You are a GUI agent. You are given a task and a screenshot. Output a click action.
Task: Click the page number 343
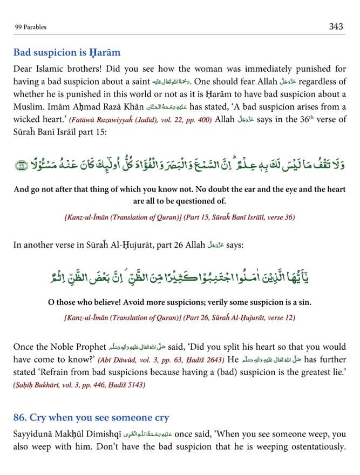(x=336, y=26)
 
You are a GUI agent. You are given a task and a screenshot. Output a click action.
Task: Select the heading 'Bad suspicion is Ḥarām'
(x=67, y=53)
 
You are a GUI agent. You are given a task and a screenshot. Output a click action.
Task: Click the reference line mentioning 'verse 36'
(x=180, y=216)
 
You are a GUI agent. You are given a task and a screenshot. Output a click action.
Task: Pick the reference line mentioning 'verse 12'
(x=180, y=317)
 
